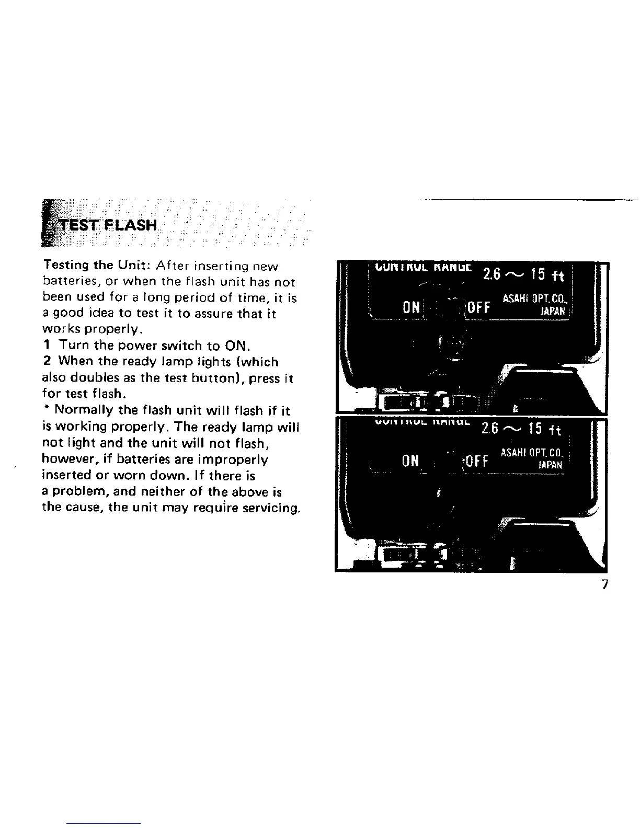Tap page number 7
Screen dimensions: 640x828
[x=605, y=584]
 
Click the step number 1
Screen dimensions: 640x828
[x=47, y=346]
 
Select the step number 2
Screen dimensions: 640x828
[x=47, y=362]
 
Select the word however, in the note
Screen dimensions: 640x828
[x=66, y=459]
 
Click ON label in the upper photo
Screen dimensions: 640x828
[x=412, y=306]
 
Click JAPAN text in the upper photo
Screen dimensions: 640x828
[x=554, y=310]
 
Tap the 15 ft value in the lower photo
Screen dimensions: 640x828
[x=544, y=430]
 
